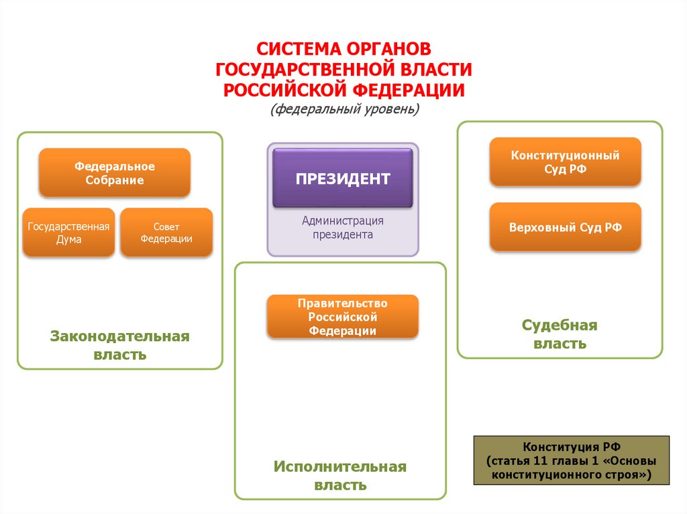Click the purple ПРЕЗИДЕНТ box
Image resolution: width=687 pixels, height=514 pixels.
[x=343, y=178]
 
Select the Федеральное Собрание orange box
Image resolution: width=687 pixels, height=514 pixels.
[x=115, y=173]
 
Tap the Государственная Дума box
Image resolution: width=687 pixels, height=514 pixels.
[x=68, y=233]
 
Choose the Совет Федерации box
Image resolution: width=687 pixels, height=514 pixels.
[x=166, y=233]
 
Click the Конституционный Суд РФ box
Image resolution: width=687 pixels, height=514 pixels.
[x=565, y=162]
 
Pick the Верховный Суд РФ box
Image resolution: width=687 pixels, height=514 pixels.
[x=565, y=227]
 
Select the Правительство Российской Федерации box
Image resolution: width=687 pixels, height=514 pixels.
[x=343, y=316]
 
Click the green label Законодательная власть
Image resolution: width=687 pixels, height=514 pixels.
[x=120, y=344]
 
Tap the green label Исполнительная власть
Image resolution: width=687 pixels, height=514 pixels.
[x=340, y=475]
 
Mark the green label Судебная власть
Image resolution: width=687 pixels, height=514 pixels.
[x=560, y=334]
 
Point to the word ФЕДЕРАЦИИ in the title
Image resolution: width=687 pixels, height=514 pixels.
[x=409, y=89]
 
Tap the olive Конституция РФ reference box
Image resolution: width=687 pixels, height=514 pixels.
[x=572, y=460]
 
